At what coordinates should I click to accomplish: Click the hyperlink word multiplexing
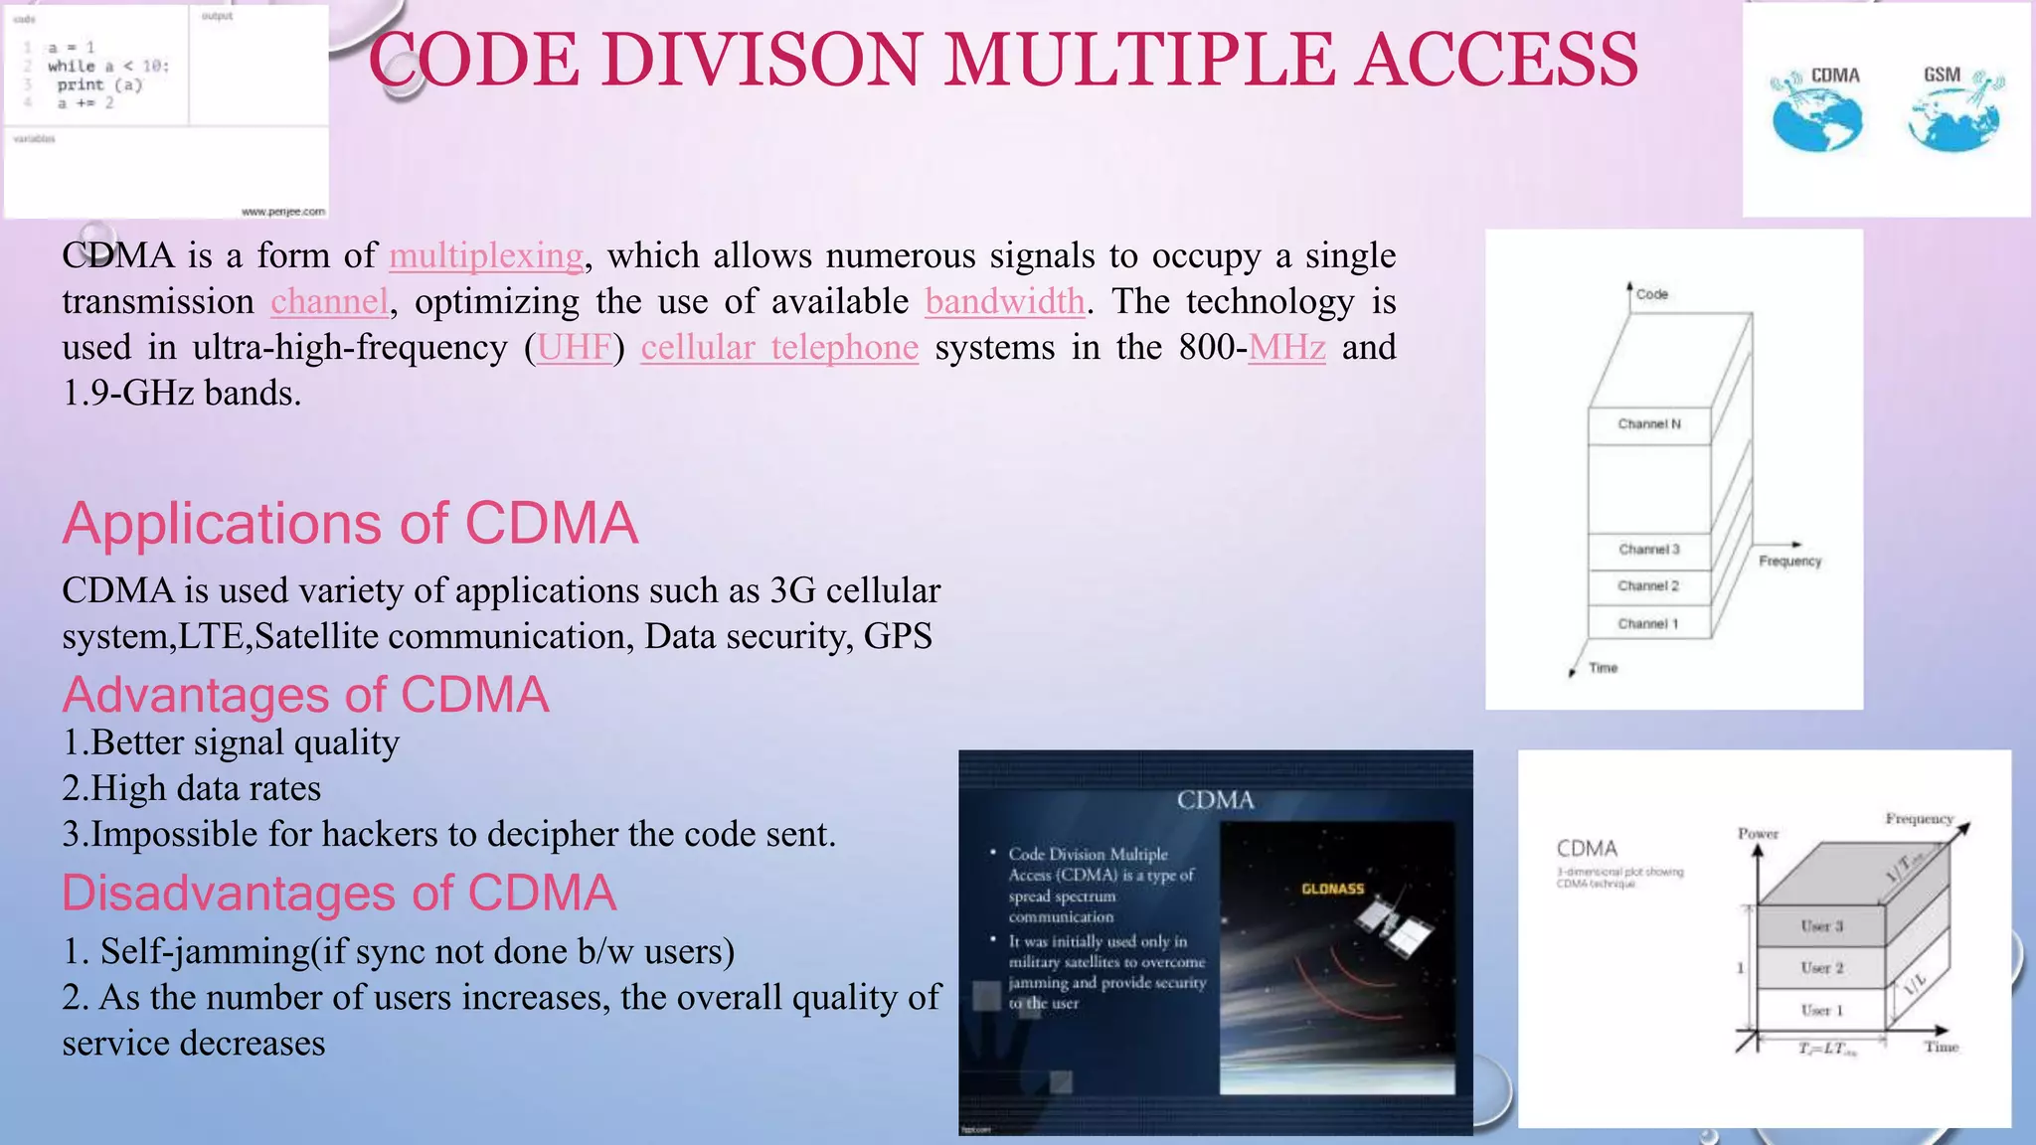click(485, 256)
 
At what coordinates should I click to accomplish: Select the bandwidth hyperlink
click(1004, 302)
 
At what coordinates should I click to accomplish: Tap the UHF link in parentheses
click(575, 348)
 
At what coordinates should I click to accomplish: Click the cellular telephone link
click(779, 348)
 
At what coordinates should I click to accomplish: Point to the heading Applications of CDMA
click(350, 524)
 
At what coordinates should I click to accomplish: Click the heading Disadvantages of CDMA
click(339, 893)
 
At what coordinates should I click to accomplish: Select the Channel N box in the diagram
click(1648, 424)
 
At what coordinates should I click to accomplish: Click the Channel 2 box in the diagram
click(1647, 586)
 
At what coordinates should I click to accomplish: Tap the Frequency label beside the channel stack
click(1789, 562)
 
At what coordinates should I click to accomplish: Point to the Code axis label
click(1651, 294)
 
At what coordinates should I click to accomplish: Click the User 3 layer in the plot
click(1821, 926)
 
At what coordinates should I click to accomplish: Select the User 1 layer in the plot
click(1821, 1011)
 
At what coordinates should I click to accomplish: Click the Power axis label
click(1758, 834)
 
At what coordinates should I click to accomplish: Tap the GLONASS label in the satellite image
click(1332, 889)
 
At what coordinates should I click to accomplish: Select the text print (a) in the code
click(99, 85)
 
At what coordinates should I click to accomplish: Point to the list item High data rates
click(192, 789)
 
